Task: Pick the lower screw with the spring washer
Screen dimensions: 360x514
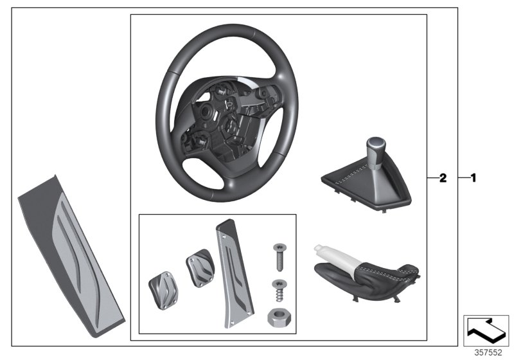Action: click(279, 291)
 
